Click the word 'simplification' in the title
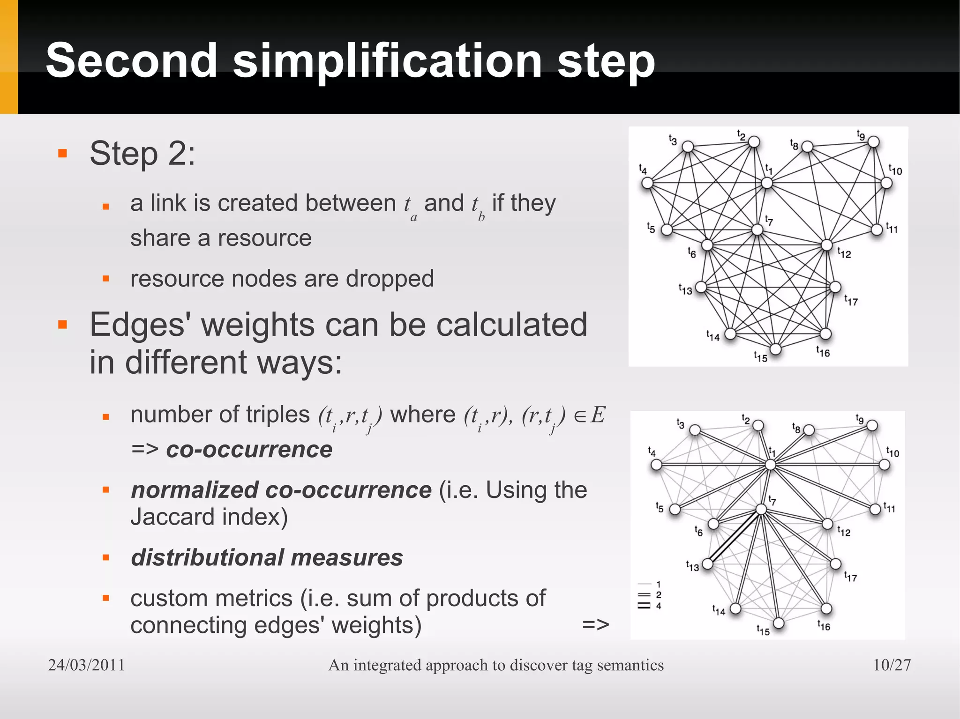(387, 61)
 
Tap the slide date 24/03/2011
(87, 665)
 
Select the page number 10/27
(892, 665)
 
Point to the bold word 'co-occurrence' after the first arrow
(249, 450)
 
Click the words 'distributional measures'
(267, 557)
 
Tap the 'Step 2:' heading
(142, 153)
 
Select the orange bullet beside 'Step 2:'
(62, 153)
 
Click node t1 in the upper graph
(767, 183)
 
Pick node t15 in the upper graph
(776, 349)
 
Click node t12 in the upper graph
(827, 245)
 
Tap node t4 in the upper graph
(647, 183)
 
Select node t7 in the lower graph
(761, 509)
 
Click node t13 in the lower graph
(708, 563)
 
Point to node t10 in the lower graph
(884, 465)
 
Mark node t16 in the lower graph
(826, 608)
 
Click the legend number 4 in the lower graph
(659, 606)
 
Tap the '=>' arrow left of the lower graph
(595, 624)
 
